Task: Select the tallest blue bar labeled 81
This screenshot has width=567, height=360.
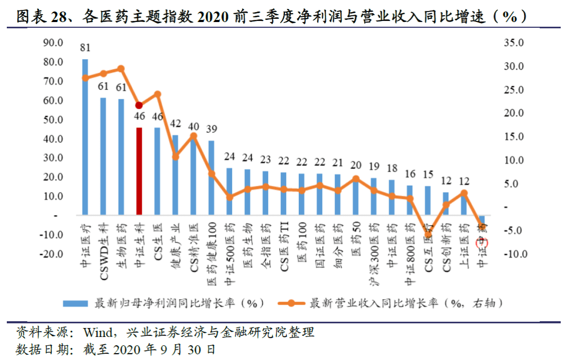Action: pos(85,137)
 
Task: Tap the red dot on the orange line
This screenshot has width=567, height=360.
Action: pos(139,105)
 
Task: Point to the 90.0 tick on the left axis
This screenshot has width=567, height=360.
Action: pos(53,43)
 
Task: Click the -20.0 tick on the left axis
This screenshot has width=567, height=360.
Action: pos(52,254)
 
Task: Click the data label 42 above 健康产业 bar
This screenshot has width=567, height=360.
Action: pos(175,124)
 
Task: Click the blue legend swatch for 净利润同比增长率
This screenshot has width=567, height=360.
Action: pos(76,303)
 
